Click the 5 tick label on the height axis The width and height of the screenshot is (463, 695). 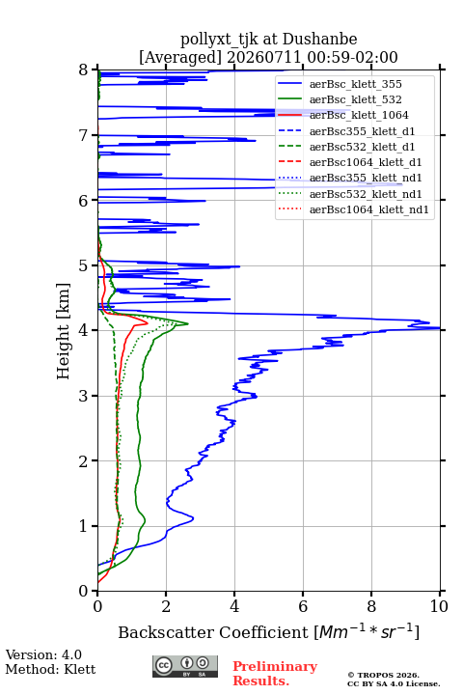pos(84,265)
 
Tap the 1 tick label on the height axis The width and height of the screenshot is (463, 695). pos(84,526)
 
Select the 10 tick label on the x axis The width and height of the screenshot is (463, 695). pos(439,606)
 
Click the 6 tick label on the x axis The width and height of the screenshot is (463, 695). pos(303,606)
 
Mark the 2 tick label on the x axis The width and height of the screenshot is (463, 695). pos(166,606)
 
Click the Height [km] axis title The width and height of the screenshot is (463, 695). pos(64,331)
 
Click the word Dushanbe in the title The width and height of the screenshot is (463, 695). pos(319,40)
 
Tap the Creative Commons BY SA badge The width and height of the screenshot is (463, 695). pos(185,666)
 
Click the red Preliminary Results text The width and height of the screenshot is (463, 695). pos(275,674)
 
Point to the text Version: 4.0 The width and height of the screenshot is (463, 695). pos(43,654)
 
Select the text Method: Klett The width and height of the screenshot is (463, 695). pos(50,669)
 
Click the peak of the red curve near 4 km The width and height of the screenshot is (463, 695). pos(147,322)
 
